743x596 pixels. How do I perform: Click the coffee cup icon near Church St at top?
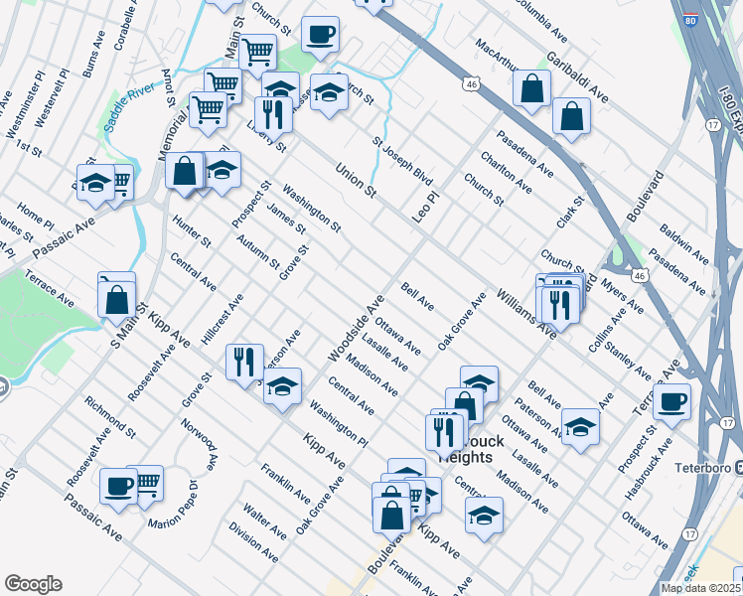click(x=320, y=36)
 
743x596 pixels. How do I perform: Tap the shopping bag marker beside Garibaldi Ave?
click(x=532, y=89)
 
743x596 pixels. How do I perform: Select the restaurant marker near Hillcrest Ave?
click(x=244, y=362)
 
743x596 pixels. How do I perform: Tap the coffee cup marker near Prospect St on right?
click(x=671, y=401)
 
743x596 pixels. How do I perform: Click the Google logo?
click(x=33, y=584)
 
